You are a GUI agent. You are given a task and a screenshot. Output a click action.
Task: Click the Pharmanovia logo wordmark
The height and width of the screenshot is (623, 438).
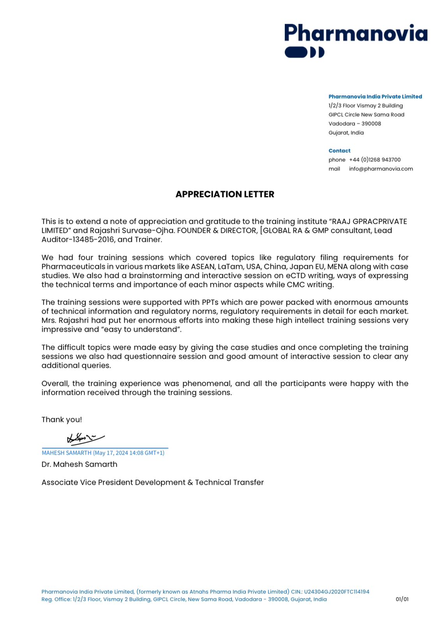(x=355, y=33)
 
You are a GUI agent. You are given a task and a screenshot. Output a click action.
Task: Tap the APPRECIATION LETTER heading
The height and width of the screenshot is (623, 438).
(x=225, y=194)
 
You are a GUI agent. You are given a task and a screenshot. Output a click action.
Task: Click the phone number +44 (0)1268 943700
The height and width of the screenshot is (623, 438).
(x=375, y=160)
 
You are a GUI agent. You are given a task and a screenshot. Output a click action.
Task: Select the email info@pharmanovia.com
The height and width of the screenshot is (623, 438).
(x=381, y=169)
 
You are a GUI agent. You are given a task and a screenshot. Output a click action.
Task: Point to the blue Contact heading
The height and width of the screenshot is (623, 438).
(x=339, y=151)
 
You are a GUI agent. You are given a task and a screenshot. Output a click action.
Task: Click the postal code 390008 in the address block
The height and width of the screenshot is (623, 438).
(x=371, y=123)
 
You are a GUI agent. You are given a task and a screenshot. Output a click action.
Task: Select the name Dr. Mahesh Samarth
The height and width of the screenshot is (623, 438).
(x=79, y=464)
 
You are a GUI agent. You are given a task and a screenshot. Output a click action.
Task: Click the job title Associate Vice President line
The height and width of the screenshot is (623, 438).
(x=152, y=482)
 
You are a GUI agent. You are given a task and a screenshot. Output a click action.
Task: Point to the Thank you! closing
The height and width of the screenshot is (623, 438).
(x=62, y=419)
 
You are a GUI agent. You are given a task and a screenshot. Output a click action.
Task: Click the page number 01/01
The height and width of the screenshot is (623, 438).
(x=402, y=599)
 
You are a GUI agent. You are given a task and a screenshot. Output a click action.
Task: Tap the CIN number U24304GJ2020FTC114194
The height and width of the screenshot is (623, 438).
(x=337, y=591)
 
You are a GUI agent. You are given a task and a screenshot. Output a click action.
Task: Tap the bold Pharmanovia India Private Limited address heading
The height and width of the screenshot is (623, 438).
(x=375, y=97)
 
